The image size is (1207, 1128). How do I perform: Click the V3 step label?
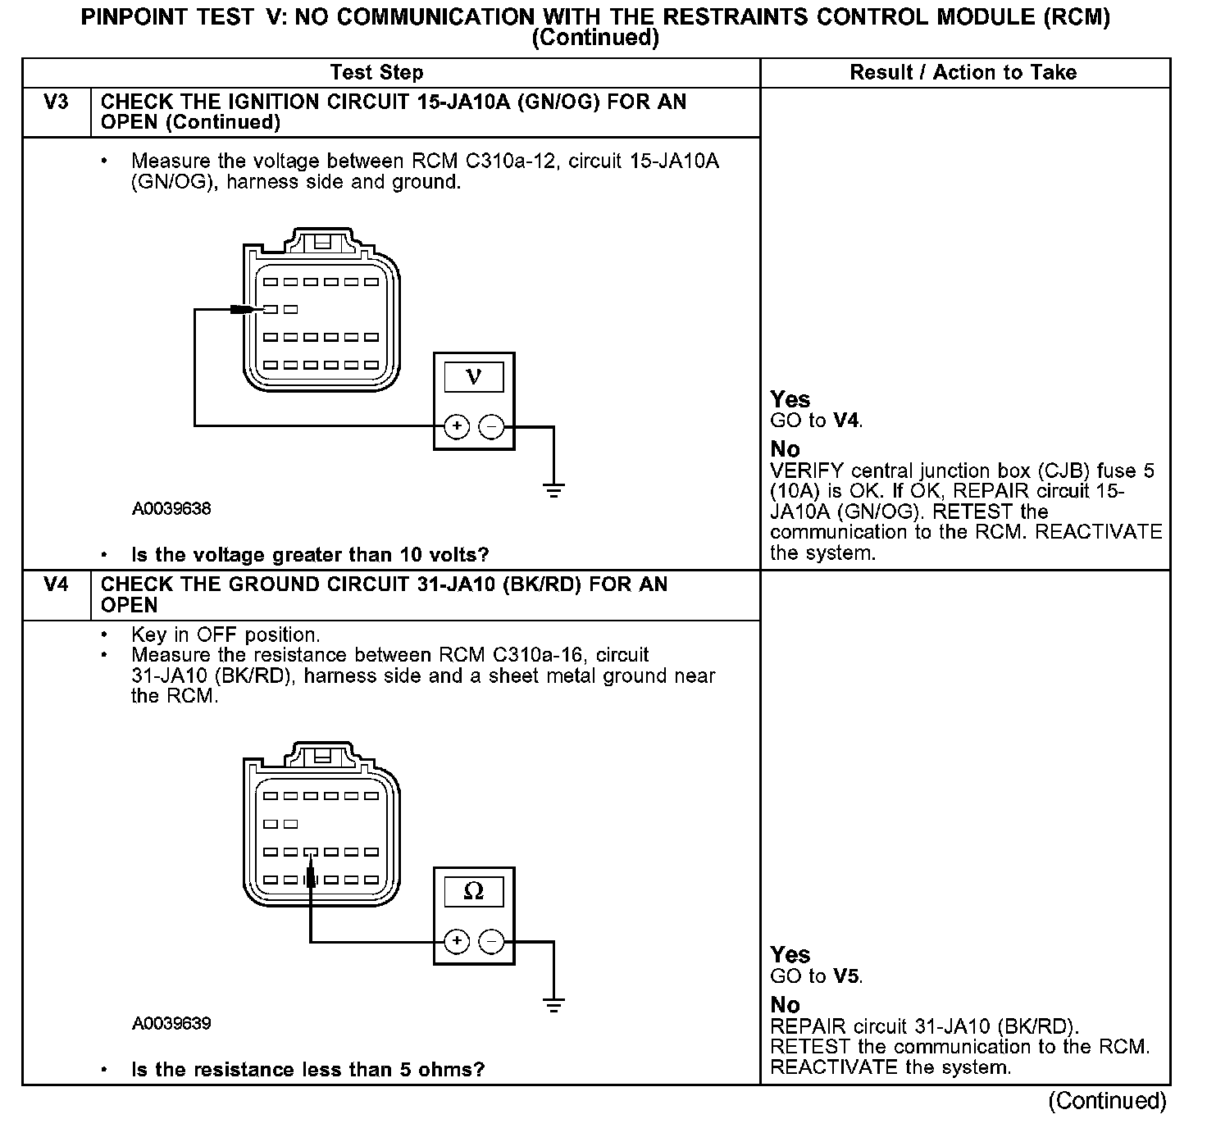[56, 102]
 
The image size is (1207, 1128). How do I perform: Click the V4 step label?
[56, 584]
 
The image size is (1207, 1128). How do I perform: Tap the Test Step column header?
[376, 73]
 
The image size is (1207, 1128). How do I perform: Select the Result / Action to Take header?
[963, 73]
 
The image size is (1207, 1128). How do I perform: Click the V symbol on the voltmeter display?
[473, 377]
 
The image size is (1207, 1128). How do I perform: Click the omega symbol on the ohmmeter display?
[473, 891]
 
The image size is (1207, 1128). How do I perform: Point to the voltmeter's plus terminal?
[457, 426]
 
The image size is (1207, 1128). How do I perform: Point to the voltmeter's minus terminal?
[490, 426]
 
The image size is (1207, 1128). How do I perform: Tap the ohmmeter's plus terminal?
[457, 941]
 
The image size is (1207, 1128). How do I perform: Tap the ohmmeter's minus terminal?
[490, 941]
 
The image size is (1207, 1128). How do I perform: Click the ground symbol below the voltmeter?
[554, 490]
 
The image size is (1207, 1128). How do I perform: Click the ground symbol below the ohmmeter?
[554, 1005]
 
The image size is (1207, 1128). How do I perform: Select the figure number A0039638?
[171, 509]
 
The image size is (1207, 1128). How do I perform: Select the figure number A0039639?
[171, 1024]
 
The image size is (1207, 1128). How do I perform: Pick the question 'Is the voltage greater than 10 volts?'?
[310, 555]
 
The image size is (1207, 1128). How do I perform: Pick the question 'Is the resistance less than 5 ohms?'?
[307, 1070]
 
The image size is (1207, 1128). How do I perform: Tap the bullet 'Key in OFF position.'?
[225, 635]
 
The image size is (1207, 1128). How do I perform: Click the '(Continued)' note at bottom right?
[1106, 1101]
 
